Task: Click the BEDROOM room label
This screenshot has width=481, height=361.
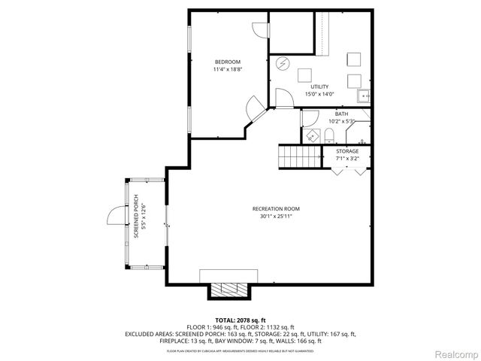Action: click(x=227, y=61)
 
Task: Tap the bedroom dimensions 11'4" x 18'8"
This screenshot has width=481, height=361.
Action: click(x=227, y=69)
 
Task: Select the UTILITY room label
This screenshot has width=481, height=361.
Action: click(x=319, y=86)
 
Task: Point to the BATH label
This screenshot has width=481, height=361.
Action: click(x=341, y=114)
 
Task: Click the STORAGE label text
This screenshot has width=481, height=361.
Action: click(x=347, y=151)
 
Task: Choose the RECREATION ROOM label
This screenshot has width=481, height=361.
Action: click(x=271, y=208)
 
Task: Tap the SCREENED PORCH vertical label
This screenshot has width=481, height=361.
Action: click(x=137, y=217)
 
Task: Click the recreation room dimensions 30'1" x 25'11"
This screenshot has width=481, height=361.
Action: click(x=271, y=217)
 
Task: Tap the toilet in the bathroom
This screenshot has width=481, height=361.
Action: click(x=329, y=135)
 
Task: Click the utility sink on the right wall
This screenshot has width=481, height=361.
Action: click(x=363, y=96)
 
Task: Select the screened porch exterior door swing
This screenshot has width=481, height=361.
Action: click(x=115, y=216)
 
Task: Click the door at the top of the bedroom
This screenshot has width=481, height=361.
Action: click(x=259, y=29)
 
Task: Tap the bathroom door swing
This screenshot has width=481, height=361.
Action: click(x=309, y=119)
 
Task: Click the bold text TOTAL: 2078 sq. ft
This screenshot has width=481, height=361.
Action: click(x=240, y=320)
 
